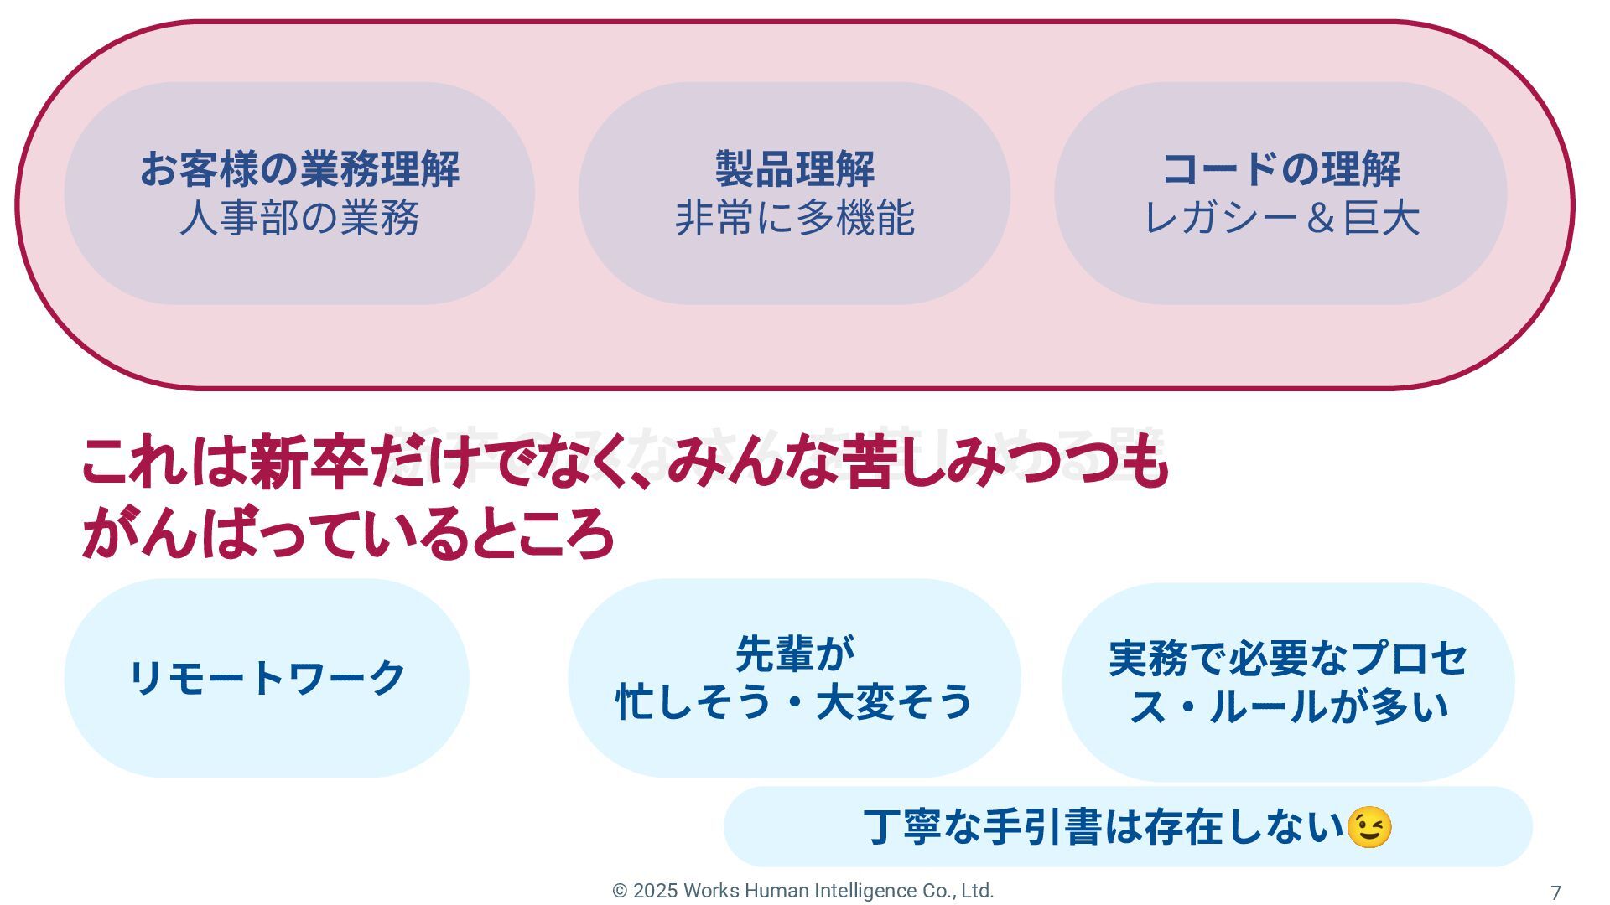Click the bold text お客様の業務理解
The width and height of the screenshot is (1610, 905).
click(299, 169)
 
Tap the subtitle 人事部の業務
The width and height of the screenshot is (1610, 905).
click(299, 218)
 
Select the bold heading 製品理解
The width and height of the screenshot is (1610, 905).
click(794, 169)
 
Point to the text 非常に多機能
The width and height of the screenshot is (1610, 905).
click(794, 218)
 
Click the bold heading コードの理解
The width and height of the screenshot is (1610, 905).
click(1280, 169)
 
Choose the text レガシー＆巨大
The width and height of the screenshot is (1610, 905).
click(1280, 218)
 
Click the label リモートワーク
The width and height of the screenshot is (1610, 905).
click(267, 678)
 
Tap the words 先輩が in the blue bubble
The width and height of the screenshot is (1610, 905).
click(794, 654)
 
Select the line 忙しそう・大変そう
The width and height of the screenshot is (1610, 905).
click(794, 702)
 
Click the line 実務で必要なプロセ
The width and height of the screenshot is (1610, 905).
click(1288, 659)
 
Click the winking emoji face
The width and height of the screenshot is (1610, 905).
click(1368, 828)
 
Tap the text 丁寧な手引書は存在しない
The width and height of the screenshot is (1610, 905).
click(1104, 828)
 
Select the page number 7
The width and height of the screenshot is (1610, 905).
click(1555, 893)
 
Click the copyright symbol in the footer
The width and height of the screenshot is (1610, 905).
click(620, 892)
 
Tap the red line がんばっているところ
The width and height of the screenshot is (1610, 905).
click(348, 533)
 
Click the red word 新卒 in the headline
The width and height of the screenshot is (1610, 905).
click(308, 462)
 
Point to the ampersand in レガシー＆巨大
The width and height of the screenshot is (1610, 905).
click(1320, 219)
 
